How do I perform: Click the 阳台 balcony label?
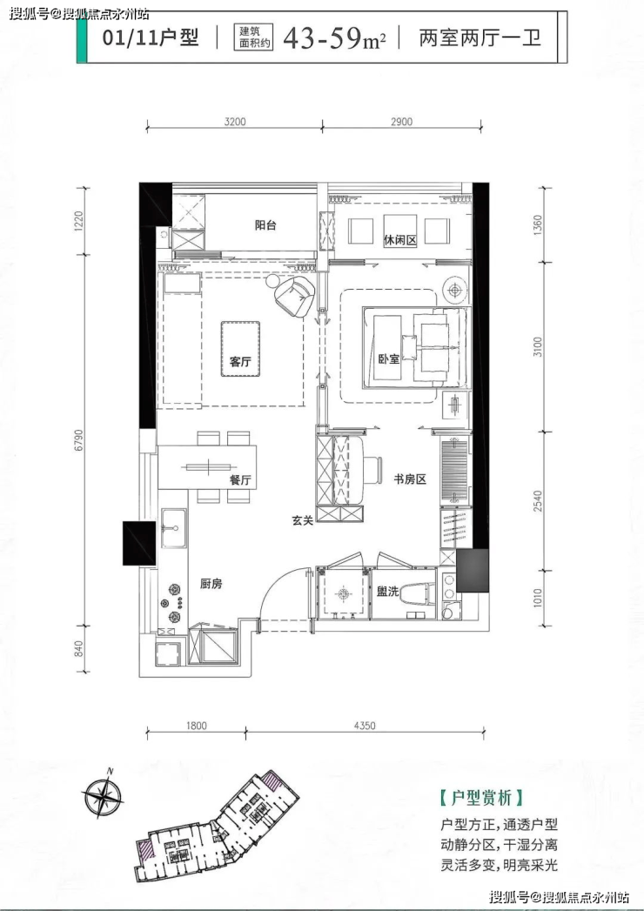(265, 225)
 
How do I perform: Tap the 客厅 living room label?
(240, 361)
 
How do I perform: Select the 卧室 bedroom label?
(389, 359)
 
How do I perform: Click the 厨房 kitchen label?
(211, 584)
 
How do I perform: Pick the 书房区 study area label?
(411, 479)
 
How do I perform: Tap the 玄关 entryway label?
(302, 520)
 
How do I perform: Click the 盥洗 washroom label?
(387, 592)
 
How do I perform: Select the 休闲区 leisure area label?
(400, 240)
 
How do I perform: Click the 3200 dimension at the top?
(235, 122)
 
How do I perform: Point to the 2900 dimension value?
(401, 122)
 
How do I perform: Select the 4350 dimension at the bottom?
(365, 726)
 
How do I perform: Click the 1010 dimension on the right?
(538, 598)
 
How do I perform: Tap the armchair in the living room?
(294, 295)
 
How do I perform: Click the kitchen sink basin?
(174, 528)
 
